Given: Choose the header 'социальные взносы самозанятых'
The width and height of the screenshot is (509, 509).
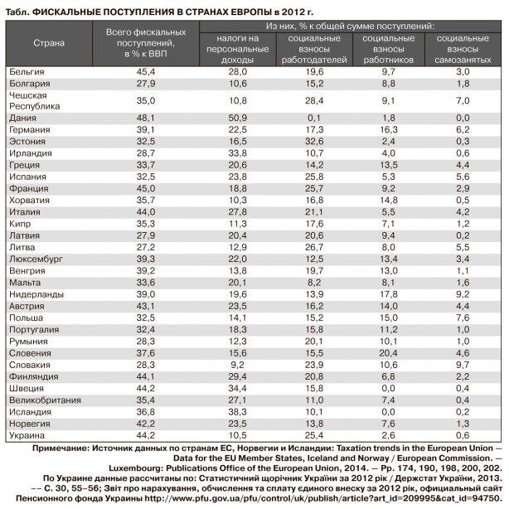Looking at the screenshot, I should (463, 49).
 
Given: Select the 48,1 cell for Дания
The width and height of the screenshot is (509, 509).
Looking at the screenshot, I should (146, 119).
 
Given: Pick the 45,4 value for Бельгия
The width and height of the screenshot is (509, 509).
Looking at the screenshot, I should (146, 73).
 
